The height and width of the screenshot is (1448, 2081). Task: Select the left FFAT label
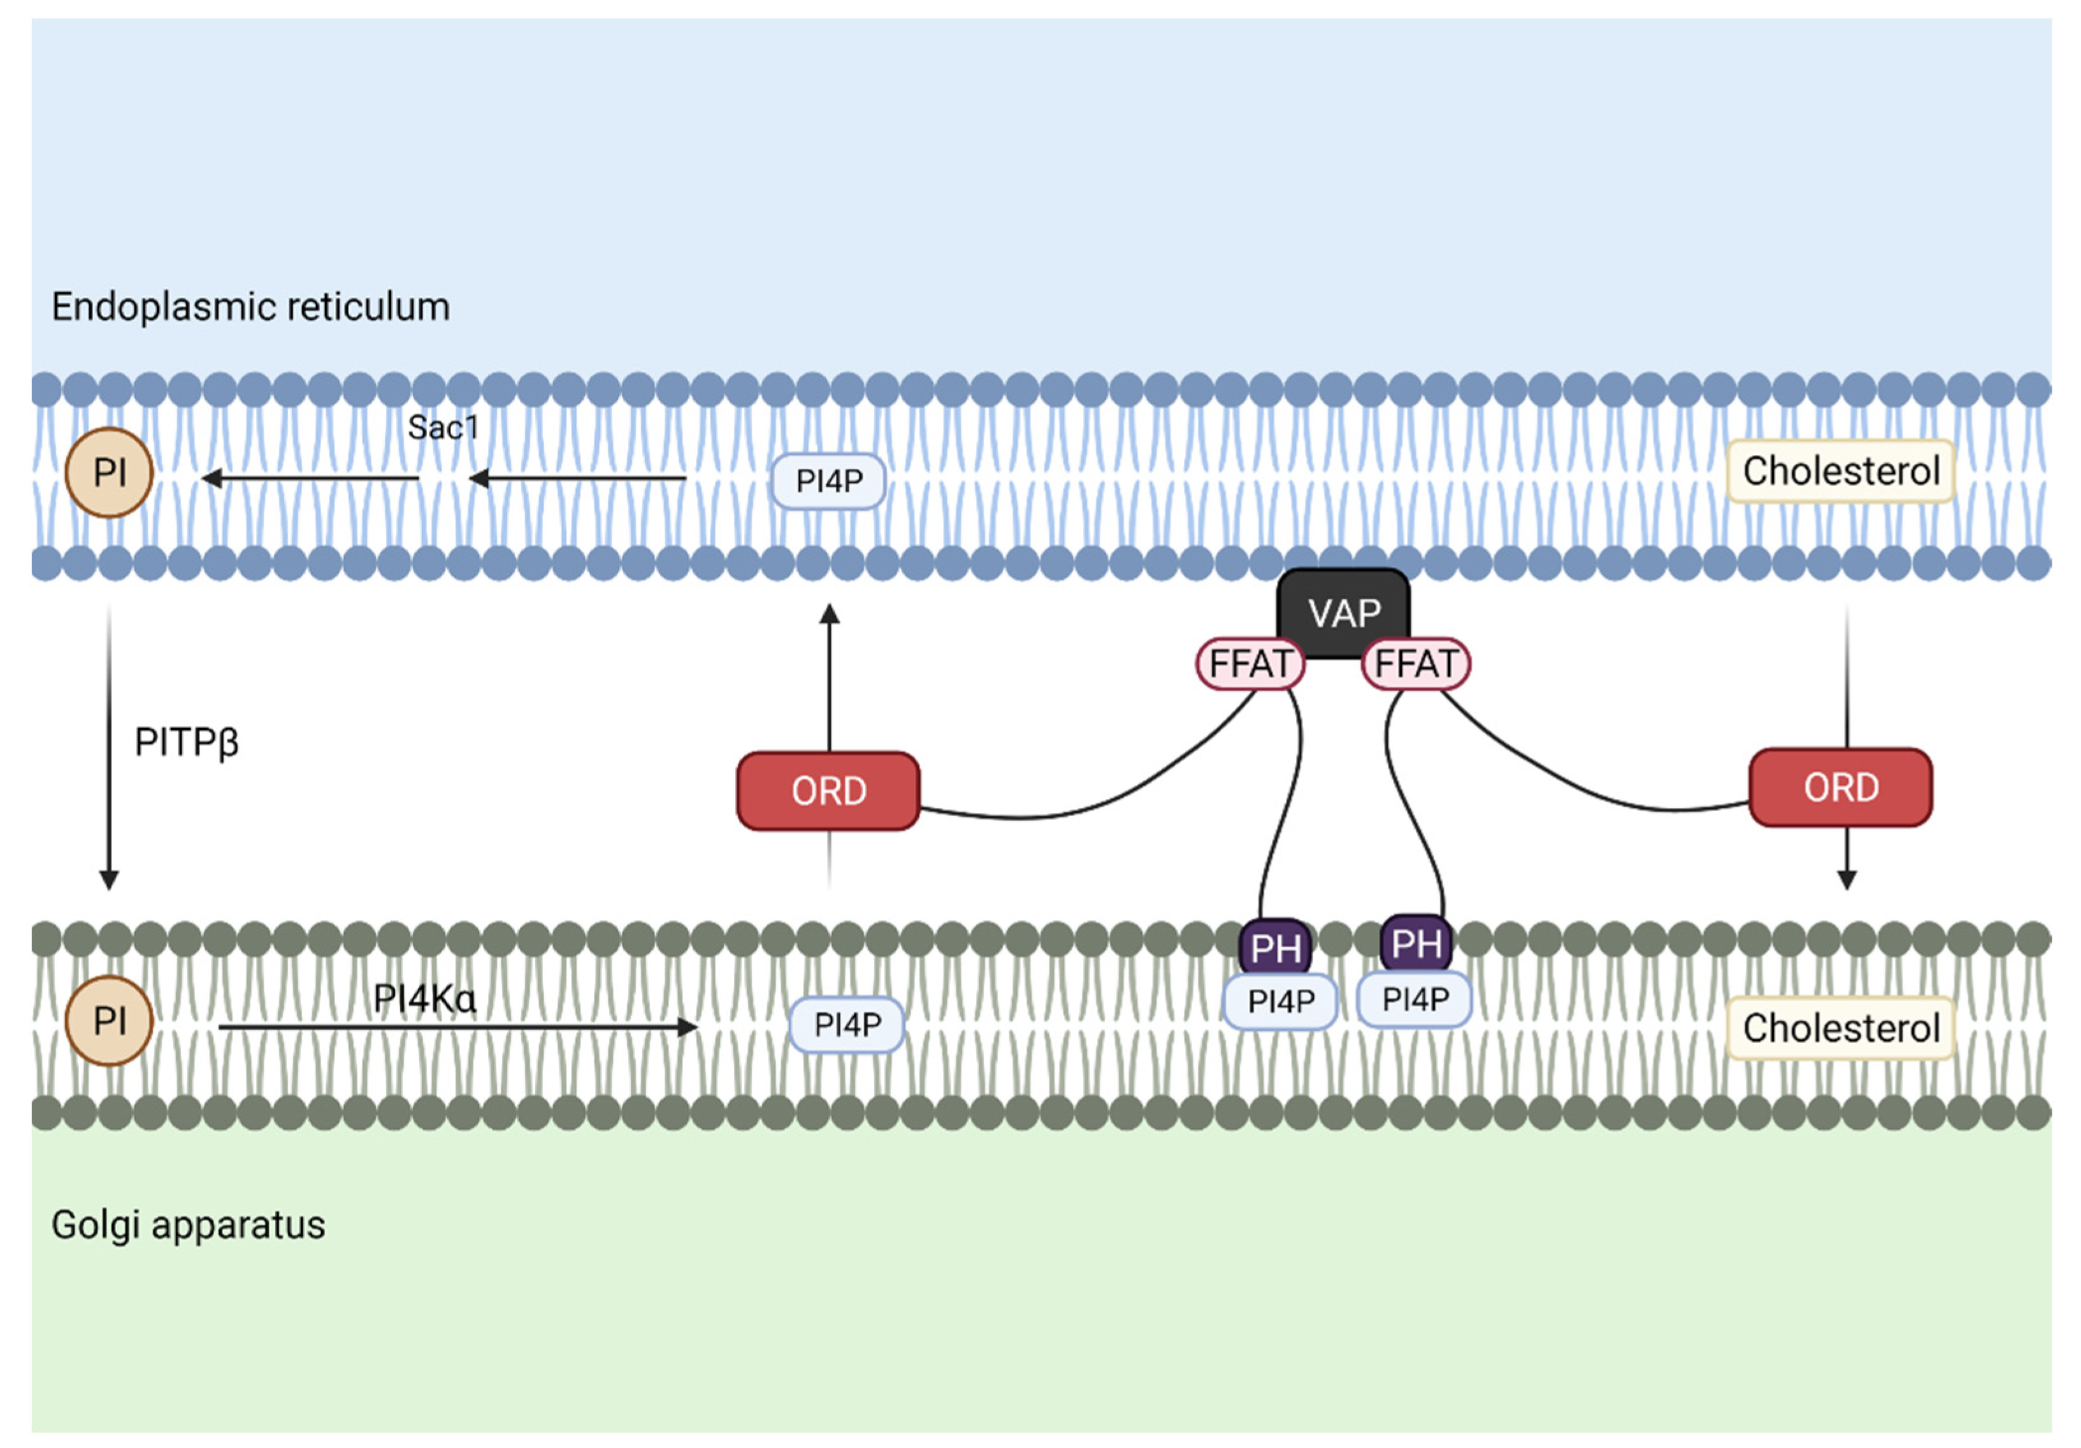(1250, 663)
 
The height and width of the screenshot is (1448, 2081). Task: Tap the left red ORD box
(828, 790)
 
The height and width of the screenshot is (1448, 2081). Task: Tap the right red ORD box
(1840, 787)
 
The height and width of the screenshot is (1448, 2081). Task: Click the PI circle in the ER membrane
(109, 472)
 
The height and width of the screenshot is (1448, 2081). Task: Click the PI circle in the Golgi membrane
(109, 1021)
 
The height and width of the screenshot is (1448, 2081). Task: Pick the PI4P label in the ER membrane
(828, 480)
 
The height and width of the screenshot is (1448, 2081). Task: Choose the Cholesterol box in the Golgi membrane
(1840, 1028)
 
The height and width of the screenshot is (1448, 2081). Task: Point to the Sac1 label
(442, 427)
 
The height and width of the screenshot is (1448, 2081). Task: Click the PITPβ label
(186, 742)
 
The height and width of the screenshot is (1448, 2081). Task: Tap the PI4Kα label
(424, 998)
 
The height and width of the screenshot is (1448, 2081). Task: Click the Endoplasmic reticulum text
(250, 306)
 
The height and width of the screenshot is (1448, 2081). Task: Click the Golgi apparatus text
(187, 1224)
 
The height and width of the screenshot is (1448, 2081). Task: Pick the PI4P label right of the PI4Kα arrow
(847, 1024)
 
